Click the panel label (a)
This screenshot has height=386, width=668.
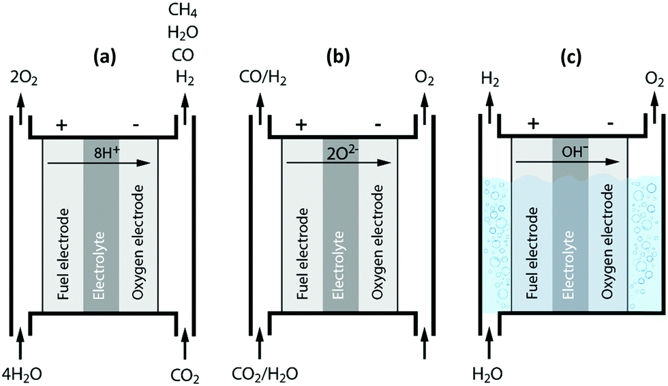click(104, 59)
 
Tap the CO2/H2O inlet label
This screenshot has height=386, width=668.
click(264, 373)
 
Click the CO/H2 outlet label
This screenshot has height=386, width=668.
click(263, 81)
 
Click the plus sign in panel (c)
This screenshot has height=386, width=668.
click(534, 106)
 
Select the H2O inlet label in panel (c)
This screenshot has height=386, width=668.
click(489, 373)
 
